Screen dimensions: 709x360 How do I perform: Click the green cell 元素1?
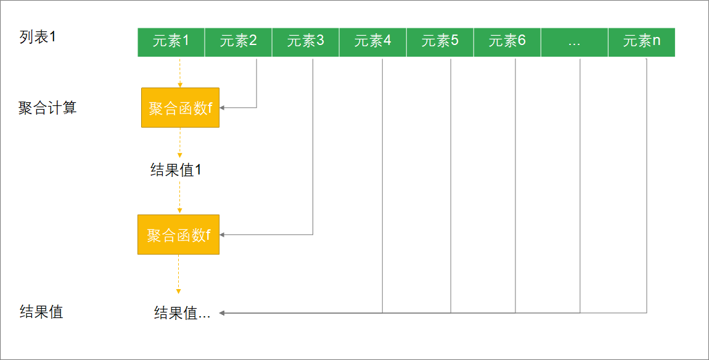tap(171, 42)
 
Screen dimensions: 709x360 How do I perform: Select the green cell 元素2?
tap(238, 42)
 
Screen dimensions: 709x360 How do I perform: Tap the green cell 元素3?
tap(305, 42)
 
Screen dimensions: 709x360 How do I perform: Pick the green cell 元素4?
tap(372, 42)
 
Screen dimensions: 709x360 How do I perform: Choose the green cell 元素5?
tap(440, 42)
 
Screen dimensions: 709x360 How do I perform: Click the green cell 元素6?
tap(507, 42)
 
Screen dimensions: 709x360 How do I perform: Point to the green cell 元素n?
tap(641, 42)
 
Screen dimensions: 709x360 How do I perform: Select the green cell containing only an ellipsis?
tap(574, 42)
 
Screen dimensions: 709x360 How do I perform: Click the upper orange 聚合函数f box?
tap(180, 108)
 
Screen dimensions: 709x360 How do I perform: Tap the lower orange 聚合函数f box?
tap(178, 234)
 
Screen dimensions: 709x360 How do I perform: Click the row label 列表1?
tap(38, 37)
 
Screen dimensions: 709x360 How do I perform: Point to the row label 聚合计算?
tap(47, 108)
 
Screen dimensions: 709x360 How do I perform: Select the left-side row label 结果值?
tap(41, 311)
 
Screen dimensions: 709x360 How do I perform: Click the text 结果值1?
tap(176, 170)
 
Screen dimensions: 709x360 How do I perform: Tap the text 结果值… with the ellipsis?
tap(182, 313)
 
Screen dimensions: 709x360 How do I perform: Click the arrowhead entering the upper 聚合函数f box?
tap(223, 108)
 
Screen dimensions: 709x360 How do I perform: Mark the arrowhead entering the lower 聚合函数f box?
tap(223, 234)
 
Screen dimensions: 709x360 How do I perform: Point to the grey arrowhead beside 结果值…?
tap(223, 313)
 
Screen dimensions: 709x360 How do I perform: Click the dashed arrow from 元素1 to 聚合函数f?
tap(179, 72)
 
